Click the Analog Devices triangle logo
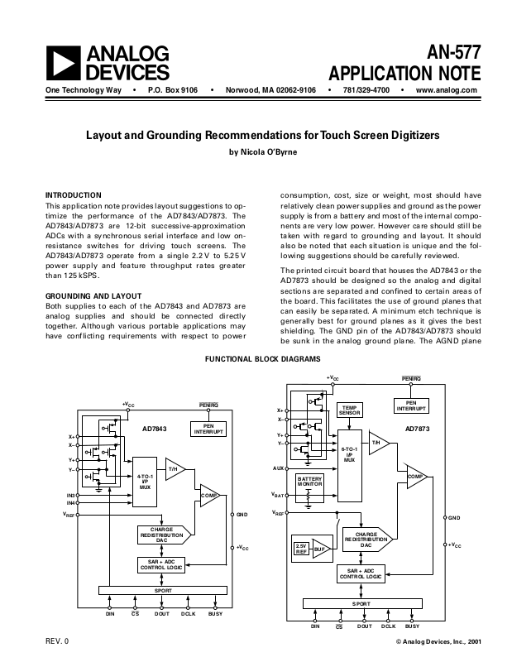[63, 62]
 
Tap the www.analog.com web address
[447, 89]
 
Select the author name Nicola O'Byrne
[262, 151]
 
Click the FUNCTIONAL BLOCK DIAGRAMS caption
[262, 360]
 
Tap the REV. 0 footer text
[57, 642]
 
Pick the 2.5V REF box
[301, 549]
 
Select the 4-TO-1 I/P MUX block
[145, 482]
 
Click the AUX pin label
[277, 468]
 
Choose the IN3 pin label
[71, 495]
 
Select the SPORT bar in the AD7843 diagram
[161, 590]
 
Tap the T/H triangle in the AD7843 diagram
[175, 469]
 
